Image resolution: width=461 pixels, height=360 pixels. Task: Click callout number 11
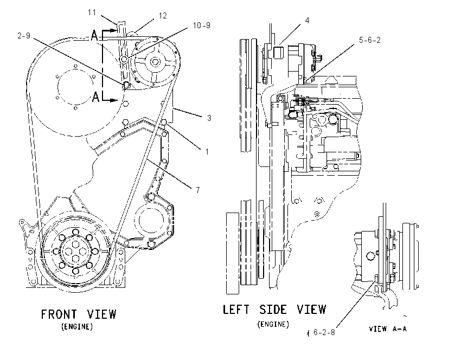92,12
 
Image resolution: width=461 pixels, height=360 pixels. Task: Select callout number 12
163,16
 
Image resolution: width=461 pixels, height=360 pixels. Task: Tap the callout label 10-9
201,25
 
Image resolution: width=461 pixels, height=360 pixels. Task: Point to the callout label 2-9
23,36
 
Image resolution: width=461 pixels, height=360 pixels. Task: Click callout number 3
209,118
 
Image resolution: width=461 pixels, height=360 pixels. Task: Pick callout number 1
207,152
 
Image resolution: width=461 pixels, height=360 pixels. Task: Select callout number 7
198,190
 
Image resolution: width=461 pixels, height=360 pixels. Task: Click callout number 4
307,21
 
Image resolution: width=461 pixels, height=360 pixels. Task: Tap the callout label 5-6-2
369,40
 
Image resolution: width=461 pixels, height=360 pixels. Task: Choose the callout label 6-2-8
324,332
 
